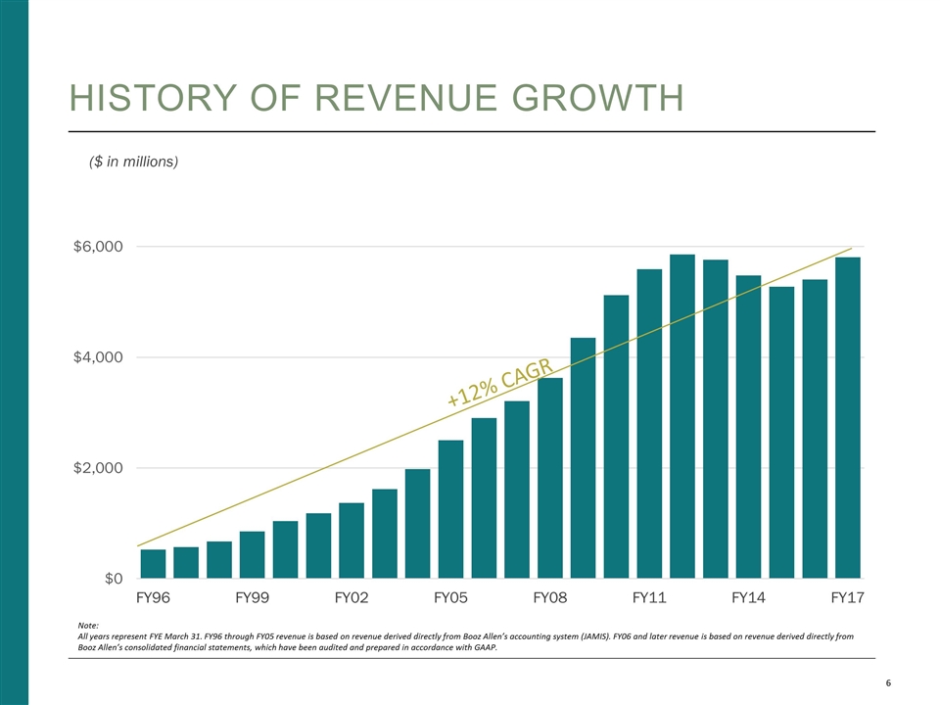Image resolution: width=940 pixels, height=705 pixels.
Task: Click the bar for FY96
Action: pyautogui.click(x=153, y=564)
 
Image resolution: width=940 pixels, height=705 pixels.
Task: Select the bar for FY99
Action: pyautogui.click(x=252, y=555)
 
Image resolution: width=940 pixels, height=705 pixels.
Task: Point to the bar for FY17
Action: pyautogui.click(x=848, y=418)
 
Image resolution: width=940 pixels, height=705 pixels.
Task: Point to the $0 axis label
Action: pyautogui.click(x=109, y=579)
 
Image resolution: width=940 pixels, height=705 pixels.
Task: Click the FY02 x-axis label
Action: pyautogui.click(x=352, y=596)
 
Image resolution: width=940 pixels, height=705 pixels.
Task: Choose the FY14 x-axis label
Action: pyautogui.click(x=748, y=596)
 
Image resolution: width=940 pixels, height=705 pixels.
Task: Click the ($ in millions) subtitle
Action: pyautogui.click(x=133, y=161)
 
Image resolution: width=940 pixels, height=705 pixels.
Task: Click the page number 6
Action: pyautogui.click(x=887, y=683)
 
